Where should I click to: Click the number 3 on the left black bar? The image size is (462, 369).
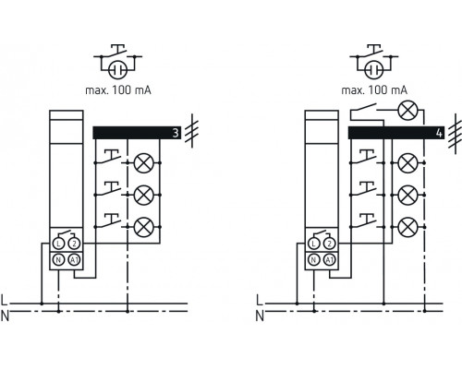(175, 133)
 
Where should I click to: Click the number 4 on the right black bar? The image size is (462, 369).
(439, 133)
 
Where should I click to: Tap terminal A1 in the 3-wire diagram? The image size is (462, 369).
(74, 260)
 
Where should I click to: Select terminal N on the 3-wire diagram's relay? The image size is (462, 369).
(57, 260)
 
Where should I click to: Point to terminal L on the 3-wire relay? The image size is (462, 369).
(57, 243)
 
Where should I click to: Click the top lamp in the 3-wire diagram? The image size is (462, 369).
(143, 163)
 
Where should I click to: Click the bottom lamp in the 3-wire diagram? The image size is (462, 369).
(143, 224)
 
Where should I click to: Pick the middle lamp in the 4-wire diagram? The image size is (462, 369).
(406, 195)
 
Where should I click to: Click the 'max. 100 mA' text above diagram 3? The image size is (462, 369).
(118, 90)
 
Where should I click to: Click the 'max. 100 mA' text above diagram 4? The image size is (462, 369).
(373, 90)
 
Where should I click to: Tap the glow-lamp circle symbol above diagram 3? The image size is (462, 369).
(118, 69)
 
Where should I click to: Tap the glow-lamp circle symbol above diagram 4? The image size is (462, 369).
(373, 69)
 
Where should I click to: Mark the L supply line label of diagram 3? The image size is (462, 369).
(6, 300)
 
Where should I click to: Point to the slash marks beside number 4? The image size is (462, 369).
(454, 132)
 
